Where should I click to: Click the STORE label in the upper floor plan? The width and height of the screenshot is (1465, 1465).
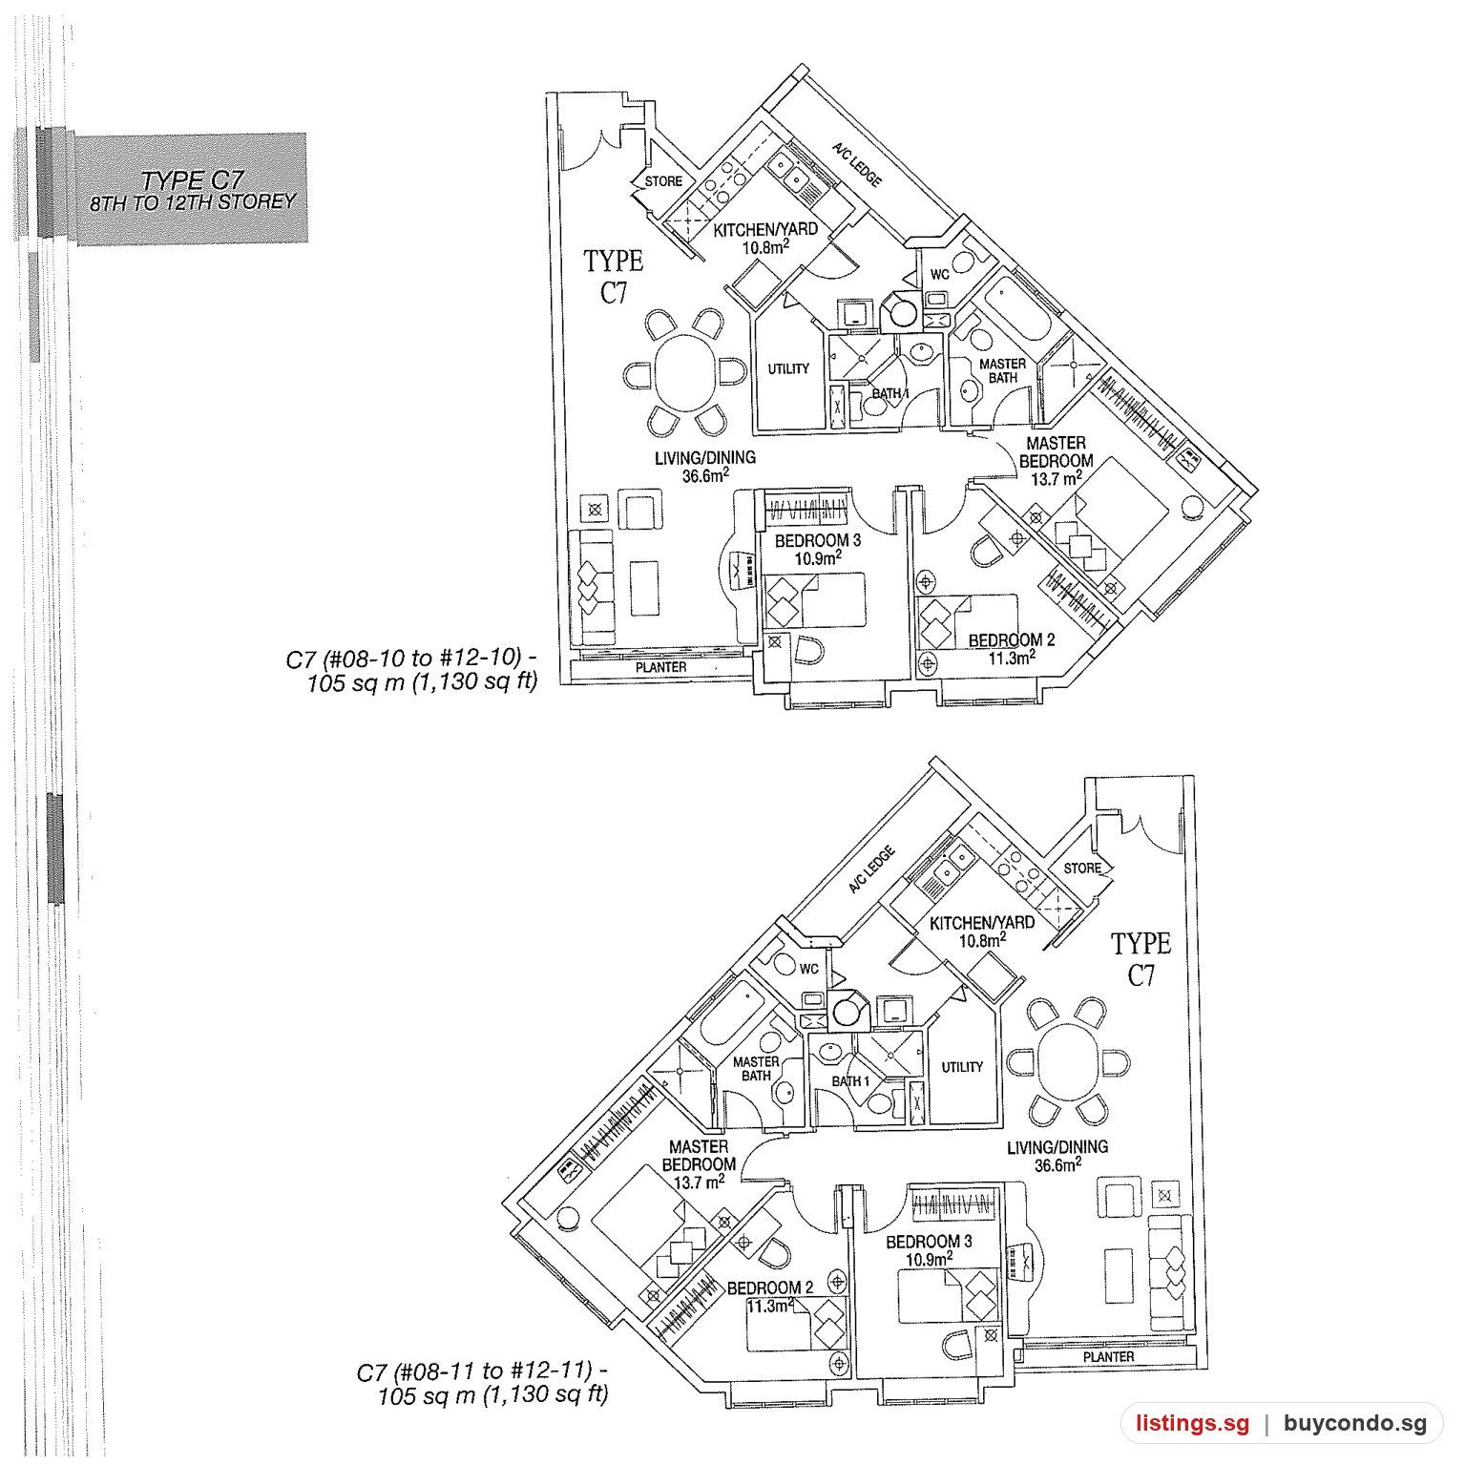pyautogui.click(x=663, y=181)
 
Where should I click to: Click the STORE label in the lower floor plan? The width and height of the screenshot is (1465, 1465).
pyautogui.click(x=1082, y=869)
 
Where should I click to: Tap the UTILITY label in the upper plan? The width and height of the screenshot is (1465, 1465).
pyautogui.click(x=788, y=369)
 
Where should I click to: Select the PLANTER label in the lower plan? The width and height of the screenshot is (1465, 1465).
pyautogui.click(x=1109, y=1356)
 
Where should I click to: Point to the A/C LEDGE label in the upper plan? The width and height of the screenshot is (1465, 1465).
pyautogui.click(x=856, y=165)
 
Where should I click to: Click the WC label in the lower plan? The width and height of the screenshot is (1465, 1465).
pyautogui.click(x=809, y=969)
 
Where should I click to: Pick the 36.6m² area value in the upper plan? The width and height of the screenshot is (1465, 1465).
pyautogui.click(x=705, y=475)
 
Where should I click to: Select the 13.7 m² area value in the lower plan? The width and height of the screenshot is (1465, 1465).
pyautogui.click(x=699, y=1182)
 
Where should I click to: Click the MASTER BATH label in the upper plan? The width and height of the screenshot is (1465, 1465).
pyautogui.click(x=1003, y=370)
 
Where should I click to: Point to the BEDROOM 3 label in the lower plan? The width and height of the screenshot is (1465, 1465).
pyautogui.click(x=929, y=1242)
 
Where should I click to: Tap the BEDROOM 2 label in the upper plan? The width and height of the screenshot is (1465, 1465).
pyautogui.click(x=1012, y=640)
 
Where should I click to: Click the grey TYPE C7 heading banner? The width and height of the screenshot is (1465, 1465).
pyautogui.click(x=191, y=189)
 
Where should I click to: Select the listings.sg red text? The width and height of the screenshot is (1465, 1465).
pyautogui.click(x=1192, y=1425)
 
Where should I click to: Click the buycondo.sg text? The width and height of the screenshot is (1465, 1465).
pyautogui.click(x=1355, y=1425)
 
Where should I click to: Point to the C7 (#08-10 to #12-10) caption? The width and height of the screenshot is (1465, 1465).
pyautogui.click(x=411, y=659)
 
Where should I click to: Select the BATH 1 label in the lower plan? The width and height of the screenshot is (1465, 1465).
pyautogui.click(x=850, y=1081)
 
